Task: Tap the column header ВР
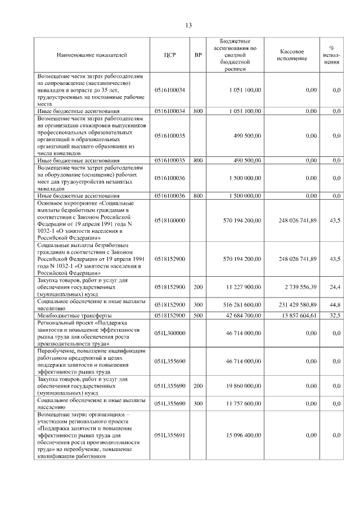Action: tap(198, 55)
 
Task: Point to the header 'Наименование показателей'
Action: tap(92, 55)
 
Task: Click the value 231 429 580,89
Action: tap(295, 304)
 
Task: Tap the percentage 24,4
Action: tap(335, 287)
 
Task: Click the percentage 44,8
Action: tap(335, 304)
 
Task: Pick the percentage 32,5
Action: tap(335, 316)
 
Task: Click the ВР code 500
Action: tap(198, 316)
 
